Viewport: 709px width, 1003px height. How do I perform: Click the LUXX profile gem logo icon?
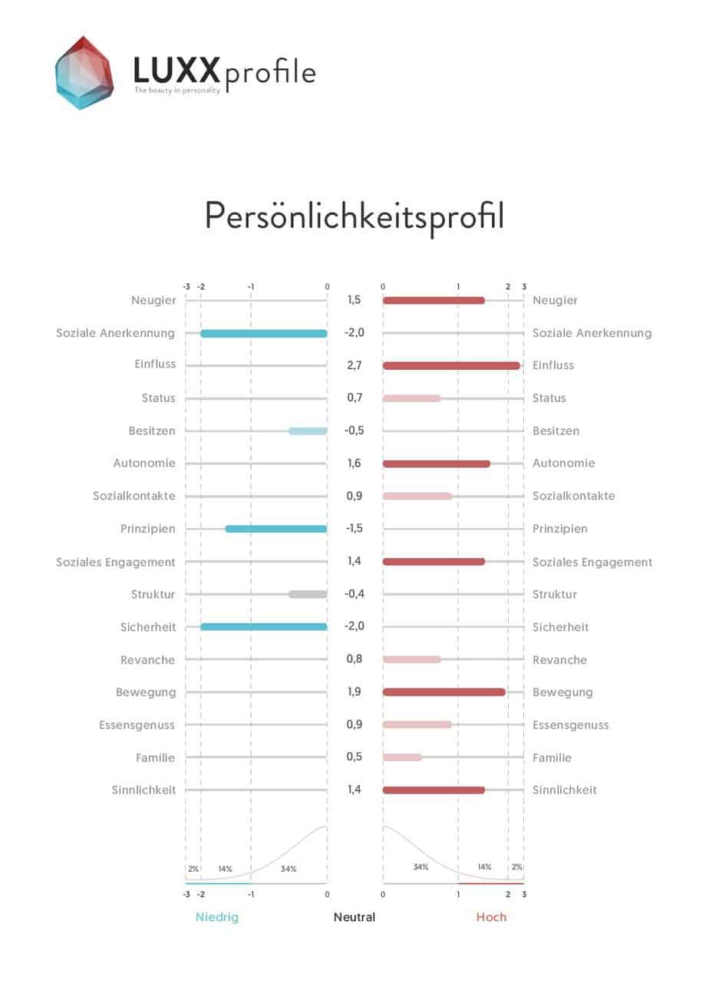point(84,72)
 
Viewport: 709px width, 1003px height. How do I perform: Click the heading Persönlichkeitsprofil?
point(354,216)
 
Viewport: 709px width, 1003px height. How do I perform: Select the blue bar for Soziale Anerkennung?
point(263,333)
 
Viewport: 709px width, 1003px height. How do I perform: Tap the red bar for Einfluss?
point(451,365)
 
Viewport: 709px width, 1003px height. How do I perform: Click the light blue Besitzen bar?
point(308,431)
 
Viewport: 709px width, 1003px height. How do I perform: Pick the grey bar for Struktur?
point(308,594)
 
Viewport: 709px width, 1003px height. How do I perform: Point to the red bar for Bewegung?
point(444,692)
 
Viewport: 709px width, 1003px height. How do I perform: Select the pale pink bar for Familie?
point(402,757)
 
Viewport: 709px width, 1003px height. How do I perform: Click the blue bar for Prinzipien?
point(275,529)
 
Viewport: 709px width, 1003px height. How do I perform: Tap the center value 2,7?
point(354,365)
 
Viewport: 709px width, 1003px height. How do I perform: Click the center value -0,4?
point(354,594)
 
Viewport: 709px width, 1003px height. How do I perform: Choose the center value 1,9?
point(354,692)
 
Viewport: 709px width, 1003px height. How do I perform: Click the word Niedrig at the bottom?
point(217,917)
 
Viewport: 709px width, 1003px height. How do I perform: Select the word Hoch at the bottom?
point(491,917)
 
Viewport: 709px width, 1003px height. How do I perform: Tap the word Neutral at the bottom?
point(354,917)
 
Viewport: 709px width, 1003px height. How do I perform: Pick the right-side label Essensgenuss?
point(570,725)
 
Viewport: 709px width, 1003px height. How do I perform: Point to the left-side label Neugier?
point(153,300)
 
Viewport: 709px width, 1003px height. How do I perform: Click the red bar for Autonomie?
point(436,464)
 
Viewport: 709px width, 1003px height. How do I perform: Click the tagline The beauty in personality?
point(177,91)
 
